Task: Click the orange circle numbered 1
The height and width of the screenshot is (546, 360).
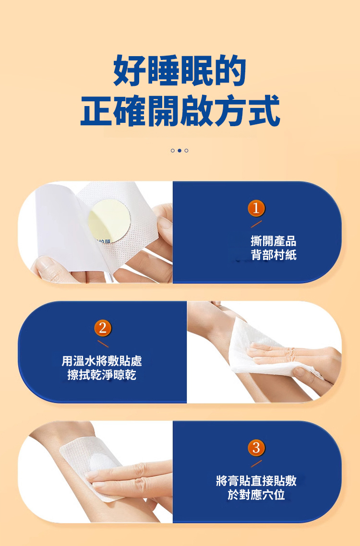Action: (256, 208)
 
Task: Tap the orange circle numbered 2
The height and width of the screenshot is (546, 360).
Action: (102, 328)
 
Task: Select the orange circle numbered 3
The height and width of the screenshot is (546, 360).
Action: (256, 448)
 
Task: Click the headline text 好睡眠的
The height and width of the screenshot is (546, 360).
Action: (180, 71)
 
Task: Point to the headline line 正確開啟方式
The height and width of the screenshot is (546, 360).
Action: (180, 110)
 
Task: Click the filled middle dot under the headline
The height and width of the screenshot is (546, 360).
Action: (180, 151)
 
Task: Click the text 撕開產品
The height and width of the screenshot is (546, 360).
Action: (274, 241)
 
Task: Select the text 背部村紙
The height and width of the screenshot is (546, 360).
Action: (274, 255)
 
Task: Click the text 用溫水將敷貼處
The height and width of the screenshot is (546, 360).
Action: (102, 361)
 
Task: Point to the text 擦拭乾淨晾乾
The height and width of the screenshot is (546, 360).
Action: (102, 375)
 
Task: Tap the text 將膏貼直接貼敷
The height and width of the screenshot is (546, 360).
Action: (256, 481)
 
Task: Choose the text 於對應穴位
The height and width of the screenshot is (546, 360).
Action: (256, 495)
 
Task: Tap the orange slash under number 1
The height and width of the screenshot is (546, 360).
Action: (256, 224)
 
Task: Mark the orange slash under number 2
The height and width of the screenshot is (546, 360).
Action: (103, 344)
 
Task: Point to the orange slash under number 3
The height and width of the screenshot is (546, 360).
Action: (256, 463)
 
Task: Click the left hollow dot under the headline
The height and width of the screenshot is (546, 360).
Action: (172, 151)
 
